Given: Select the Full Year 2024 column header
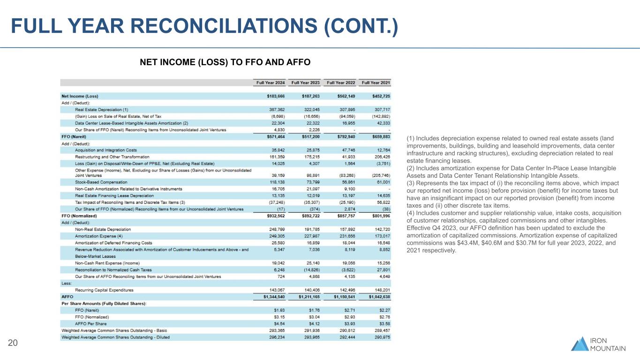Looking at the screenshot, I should point(270,83).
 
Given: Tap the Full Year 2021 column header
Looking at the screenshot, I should point(376,83).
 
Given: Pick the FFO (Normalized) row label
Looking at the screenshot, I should point(79,216).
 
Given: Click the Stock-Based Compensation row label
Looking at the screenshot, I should point(101,182).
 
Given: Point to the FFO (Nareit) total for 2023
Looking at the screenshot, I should point(308,136).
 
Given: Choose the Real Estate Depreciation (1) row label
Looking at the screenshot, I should point(102,109).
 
